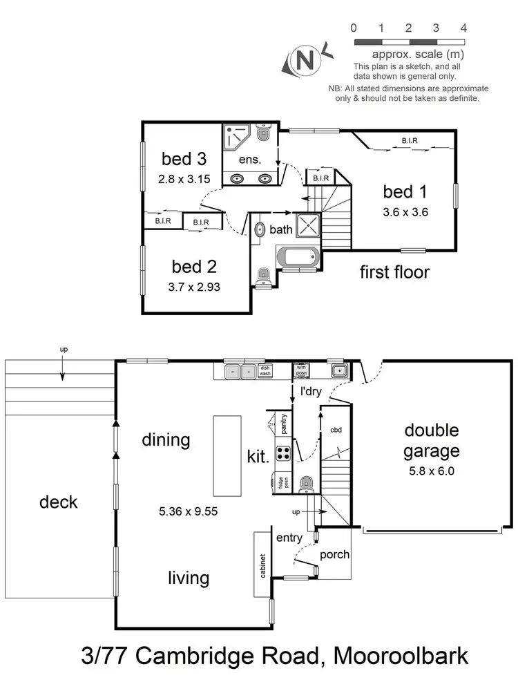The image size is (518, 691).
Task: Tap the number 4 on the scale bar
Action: click(x=463, y=28)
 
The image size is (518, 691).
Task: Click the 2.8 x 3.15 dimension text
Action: click(x=184, y=178)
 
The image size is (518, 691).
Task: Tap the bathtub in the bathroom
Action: click(x=298, y=257)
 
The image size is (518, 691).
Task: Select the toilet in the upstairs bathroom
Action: click(x=262, y=277)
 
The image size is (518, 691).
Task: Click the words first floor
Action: click(x=394, y=272)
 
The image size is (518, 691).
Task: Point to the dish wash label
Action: click(x=265, y=371)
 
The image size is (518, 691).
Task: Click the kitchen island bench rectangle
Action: click(x=227, y=455)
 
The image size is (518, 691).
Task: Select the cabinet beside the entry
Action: click(x=262, y=564)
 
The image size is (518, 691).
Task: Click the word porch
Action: click(x=334, y=554)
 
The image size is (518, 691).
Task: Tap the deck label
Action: click(x=59, y=502)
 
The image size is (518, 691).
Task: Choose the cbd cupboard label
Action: click(x=336, y=429)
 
